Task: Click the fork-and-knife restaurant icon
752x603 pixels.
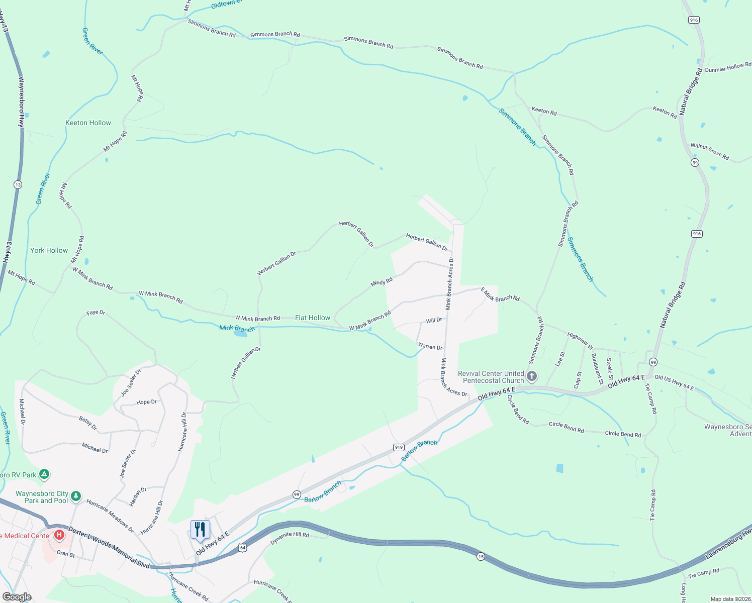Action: [200, 530]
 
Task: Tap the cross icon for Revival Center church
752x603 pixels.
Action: [532, 376]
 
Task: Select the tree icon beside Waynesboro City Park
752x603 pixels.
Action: [76, 496]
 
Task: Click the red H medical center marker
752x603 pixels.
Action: [59, 535]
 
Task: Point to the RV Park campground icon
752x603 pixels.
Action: [44, 474]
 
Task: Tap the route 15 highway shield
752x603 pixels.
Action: [481, 557]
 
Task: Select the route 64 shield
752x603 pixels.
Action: [242, 548]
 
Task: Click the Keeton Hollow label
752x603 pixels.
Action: [88, 123]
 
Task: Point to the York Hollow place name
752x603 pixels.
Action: [49, 250]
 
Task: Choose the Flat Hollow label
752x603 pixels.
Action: [313, 318]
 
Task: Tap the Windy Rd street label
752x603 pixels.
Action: [382, 283]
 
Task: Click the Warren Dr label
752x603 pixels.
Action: [430, 347]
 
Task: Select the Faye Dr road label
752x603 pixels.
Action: [96, 313]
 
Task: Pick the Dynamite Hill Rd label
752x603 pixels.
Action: [290, 538]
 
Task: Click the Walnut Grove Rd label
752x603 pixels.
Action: [709, 151]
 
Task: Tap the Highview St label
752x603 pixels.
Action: [580, 340]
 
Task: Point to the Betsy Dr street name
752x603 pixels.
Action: [88, 423]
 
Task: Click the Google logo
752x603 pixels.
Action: [17, 597]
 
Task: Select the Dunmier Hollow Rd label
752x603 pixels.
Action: [728, 68]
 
